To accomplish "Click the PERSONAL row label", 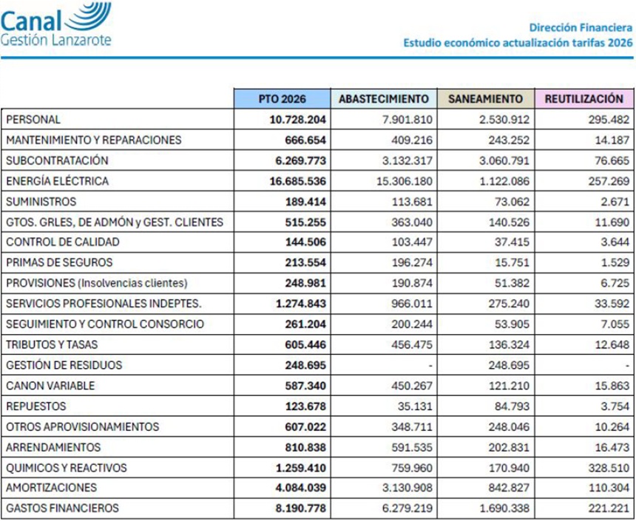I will (x=33, y=119).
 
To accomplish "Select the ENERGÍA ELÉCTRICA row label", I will (x=57, y=181).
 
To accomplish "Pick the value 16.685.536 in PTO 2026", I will (x=294, y=181).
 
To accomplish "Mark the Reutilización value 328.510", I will (x=609, y=468).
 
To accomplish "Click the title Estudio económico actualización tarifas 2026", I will (x=517, y=42).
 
